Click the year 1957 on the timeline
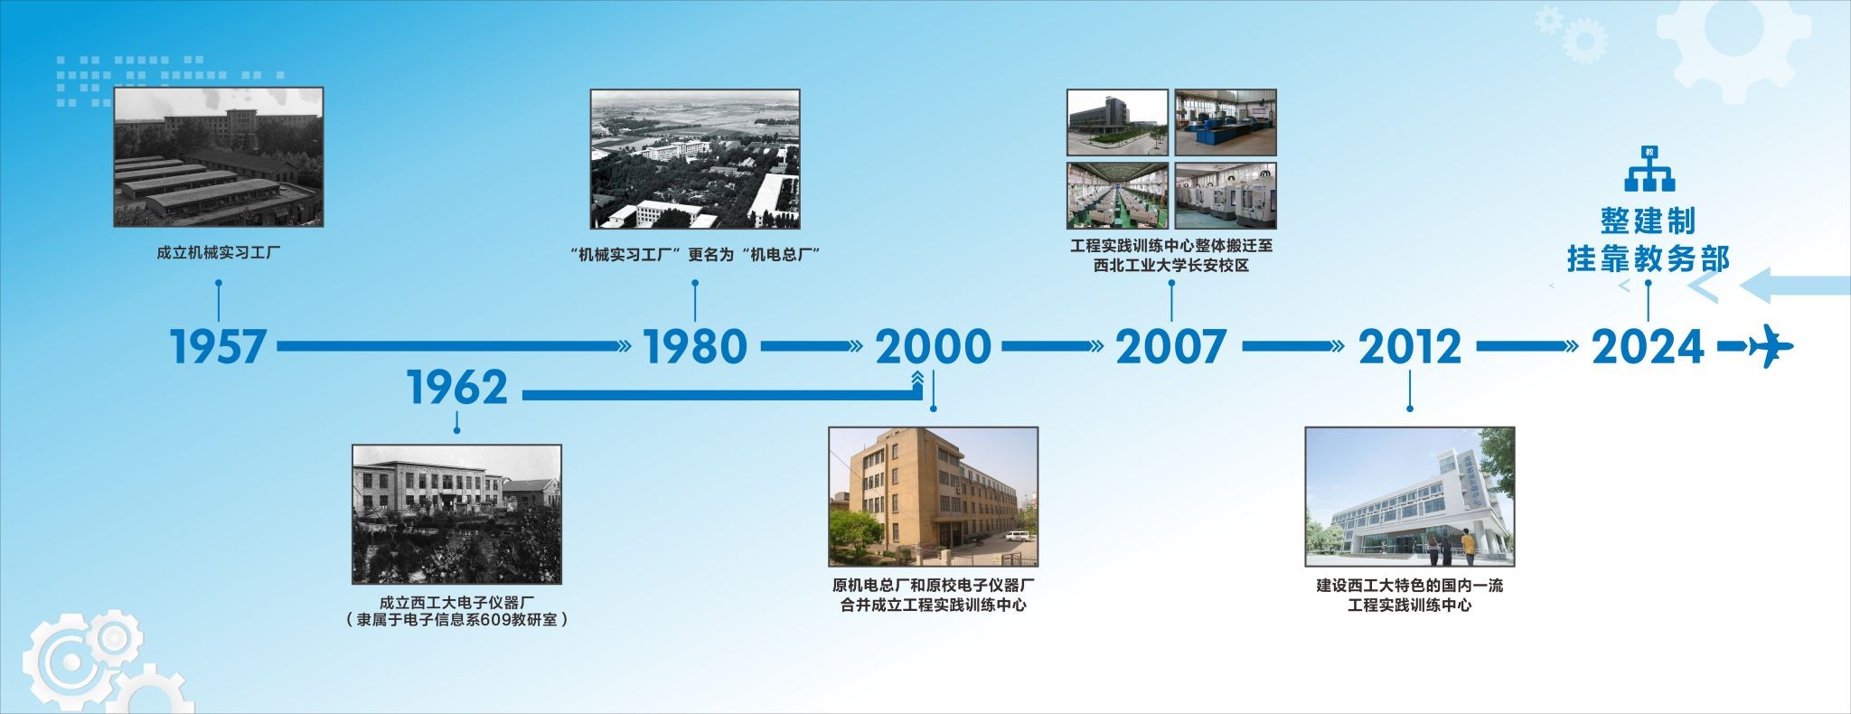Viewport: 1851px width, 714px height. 218,346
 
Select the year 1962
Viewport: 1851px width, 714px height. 457,388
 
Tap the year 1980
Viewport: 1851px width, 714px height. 695,346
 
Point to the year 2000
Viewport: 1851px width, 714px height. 933,346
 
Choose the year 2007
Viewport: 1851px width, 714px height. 1171,346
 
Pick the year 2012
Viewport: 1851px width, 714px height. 1410,346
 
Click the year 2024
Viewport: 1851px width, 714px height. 1648,346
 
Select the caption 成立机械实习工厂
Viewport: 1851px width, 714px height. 219,253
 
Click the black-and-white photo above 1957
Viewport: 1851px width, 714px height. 219,157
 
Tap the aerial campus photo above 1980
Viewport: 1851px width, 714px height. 695,159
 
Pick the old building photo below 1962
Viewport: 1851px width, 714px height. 456,514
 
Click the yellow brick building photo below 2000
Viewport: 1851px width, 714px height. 934,497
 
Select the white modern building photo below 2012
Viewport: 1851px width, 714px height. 1410,497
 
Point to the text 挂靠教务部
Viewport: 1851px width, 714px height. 1649,259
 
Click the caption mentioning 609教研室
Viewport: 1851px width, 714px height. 456,620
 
